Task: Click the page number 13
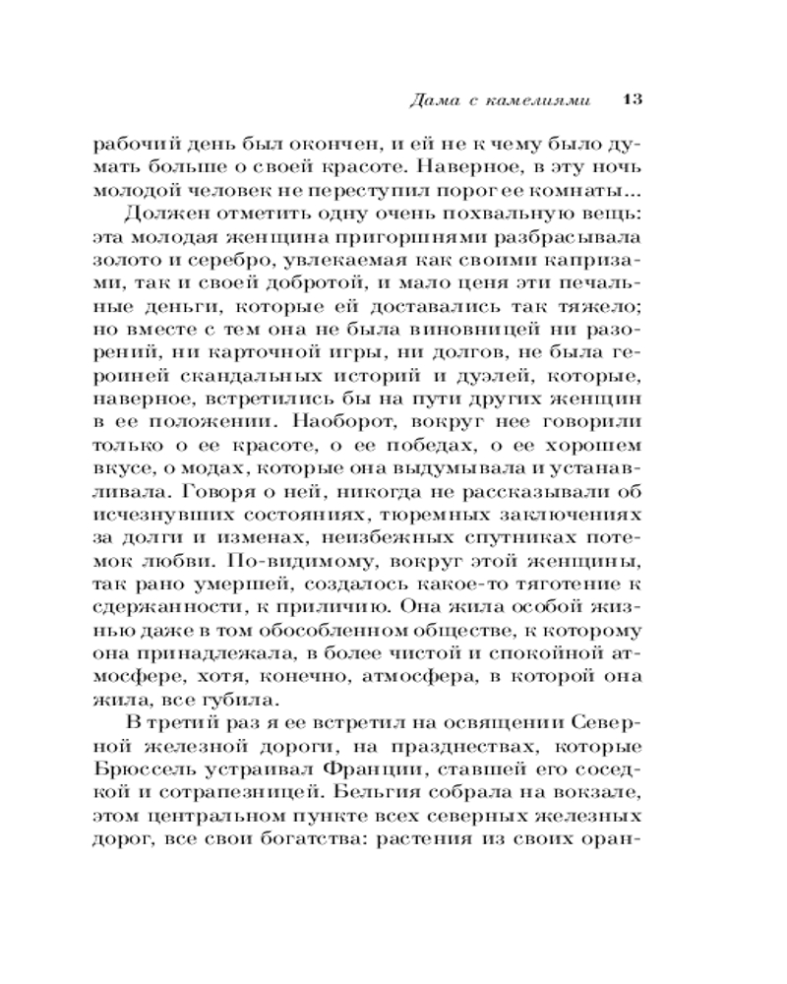pos(633,98)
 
